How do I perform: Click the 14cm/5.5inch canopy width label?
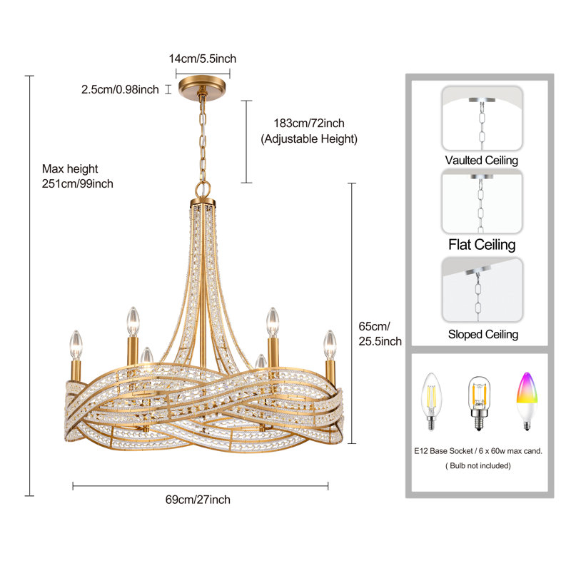click(x=203, y=59)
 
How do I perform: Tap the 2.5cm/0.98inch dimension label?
click(x=120, y=90)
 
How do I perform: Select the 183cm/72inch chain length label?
click(x=309, y=123)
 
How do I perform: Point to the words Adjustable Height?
click(x=309, y=138)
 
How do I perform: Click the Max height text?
click(x=70, y=168)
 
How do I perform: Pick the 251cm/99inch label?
click(x=78, y=183)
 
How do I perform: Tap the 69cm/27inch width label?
click(x=198, y=499)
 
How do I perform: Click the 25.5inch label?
click(x=380, y=341)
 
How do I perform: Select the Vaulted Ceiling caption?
click(x=481, y=160)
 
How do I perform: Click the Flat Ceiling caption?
click(x=482, y=245)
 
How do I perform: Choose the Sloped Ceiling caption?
click(x=483, y=334)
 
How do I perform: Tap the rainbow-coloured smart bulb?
click(x=527, y=400)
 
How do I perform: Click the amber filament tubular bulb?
click(x=479, y=403)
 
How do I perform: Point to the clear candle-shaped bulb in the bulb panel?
click(x=432, y=401)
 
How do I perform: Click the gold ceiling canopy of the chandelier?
click(x=202, y=86)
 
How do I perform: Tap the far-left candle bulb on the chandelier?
click(x=76, y=345)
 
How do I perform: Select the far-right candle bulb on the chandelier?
click(x=330, y=345)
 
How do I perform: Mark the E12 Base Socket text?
click(x=443, y=451)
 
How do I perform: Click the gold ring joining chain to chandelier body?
click(x=203, y=189)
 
